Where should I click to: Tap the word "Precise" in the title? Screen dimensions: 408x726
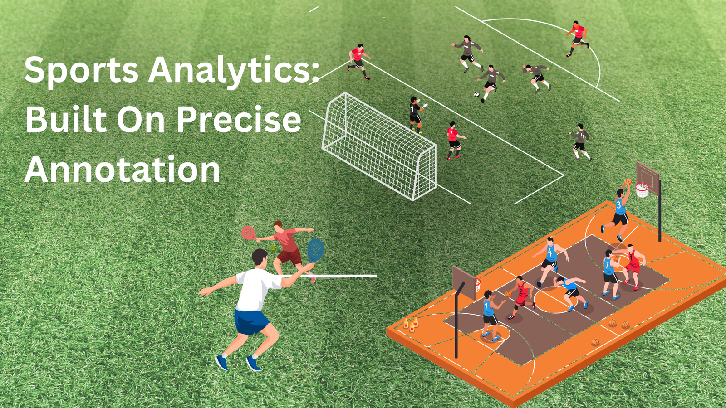(239, 120)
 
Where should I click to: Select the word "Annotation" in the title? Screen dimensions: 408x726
(123, 170)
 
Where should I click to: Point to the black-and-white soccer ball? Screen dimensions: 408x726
(476, 94)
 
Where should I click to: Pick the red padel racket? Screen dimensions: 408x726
(248, 233)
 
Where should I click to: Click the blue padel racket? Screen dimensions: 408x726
(316, 250)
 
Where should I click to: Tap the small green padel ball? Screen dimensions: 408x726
(274, 248)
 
